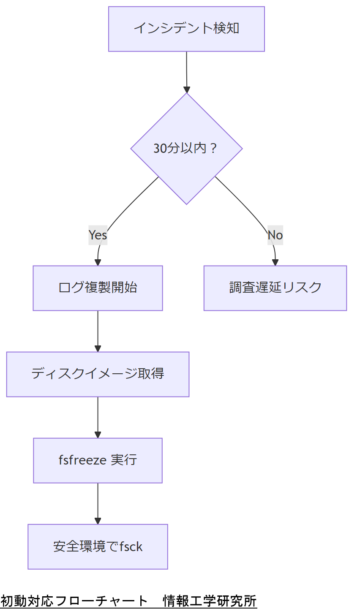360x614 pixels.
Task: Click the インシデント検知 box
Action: (186, 29)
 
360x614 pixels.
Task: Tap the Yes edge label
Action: (98, 235)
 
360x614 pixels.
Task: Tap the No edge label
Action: (275, 235)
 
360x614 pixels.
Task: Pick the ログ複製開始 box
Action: (98, 288)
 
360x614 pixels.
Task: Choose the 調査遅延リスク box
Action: (275, 288)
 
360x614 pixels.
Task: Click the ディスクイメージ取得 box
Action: (98, 374)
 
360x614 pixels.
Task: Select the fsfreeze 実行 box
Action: (98, 460)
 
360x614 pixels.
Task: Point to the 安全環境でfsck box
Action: (98, 546)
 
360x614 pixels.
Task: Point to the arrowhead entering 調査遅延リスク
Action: (275, 263)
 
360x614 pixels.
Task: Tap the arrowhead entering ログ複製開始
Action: (98, 263)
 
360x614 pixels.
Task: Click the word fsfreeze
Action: (82, 460)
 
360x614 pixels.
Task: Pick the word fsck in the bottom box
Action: (131, 546)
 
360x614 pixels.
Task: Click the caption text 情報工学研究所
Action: (210, 600)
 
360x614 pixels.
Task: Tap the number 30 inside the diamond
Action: (160, 149)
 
